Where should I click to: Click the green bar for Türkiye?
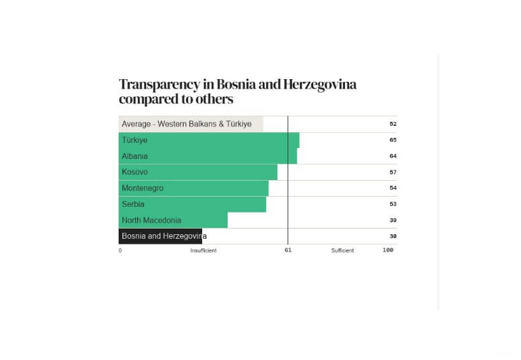coord(209,140)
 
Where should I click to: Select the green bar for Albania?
coord(207,156)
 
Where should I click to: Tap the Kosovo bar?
coord(198,172)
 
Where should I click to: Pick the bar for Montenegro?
coord(193,188)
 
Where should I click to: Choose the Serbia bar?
coord(192,204)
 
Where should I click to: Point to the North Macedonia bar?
coord(173,220)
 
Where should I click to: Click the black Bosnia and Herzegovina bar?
coord(160,236)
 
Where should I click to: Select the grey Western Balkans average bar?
coord(191,124)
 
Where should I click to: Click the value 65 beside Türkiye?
coord(393,140)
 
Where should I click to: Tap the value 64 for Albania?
coord(393,156)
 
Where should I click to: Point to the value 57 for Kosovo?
coord(393,172)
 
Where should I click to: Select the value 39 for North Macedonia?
coord(393,220)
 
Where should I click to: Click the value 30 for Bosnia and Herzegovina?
coord(393,236)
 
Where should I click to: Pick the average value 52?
coord(393,124)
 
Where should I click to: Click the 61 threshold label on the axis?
coord(288,250)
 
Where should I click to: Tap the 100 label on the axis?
coord(388,250)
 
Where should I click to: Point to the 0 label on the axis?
coord(120,251)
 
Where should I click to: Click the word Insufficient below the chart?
coord(203,251)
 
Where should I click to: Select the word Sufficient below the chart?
coord(342,251)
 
